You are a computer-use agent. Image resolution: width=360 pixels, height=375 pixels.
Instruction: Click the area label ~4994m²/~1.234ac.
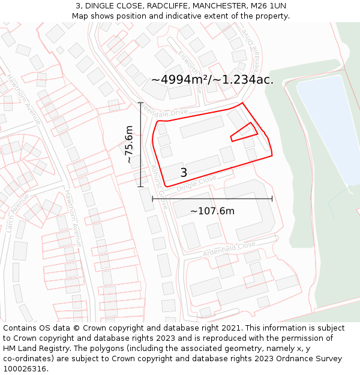(x=212, y=79)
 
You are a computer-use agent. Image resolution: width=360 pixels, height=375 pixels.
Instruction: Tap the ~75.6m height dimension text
(x=129, y=145)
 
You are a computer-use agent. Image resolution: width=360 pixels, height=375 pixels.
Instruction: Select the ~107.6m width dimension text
(x=212, y=211)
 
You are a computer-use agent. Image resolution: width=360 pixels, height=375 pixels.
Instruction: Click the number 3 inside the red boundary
(x=184, y=173)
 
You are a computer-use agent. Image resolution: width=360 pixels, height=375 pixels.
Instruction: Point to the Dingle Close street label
(x=196, y=184)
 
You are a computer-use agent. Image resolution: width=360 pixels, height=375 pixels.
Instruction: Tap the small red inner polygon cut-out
(x=244, y=132)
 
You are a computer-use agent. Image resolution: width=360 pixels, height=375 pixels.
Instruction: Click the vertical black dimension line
(x=140, y=145)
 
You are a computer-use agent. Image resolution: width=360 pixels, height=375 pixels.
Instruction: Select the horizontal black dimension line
(x=212, y=199)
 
